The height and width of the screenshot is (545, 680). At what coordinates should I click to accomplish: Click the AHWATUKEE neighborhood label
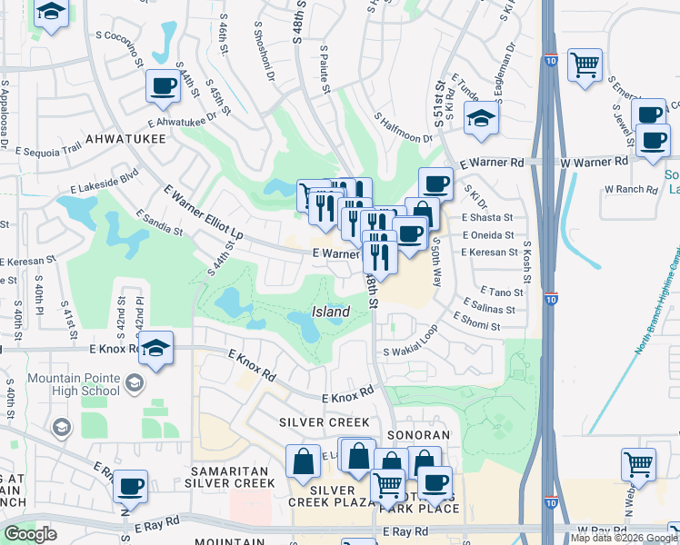click(x=126, y=138)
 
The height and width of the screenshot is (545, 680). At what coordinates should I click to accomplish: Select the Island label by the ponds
click(x=331, y=312)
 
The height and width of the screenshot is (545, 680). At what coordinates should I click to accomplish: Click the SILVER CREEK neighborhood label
click(x=325, y=422)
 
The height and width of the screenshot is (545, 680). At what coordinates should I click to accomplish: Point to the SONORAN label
click(x=418, y=435)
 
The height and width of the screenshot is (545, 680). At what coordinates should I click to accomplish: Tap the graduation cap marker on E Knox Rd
click(x=156, y=349)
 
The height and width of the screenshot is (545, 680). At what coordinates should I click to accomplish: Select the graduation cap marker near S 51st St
click(x=480, y=118)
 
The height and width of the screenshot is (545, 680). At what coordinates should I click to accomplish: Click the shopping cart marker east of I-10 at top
click(x=585, y=64)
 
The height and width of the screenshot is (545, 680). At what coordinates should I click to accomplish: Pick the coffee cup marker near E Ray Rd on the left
click(x=132, y=485)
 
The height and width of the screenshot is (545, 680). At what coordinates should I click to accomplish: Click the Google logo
click(x=30, y=534)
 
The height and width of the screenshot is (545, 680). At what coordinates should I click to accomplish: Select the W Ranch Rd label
click(x=631, y=189)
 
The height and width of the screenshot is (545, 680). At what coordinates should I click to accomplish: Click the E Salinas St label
click(x=489, y=309)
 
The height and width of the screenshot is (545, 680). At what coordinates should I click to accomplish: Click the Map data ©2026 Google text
click(x=624, y=538)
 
